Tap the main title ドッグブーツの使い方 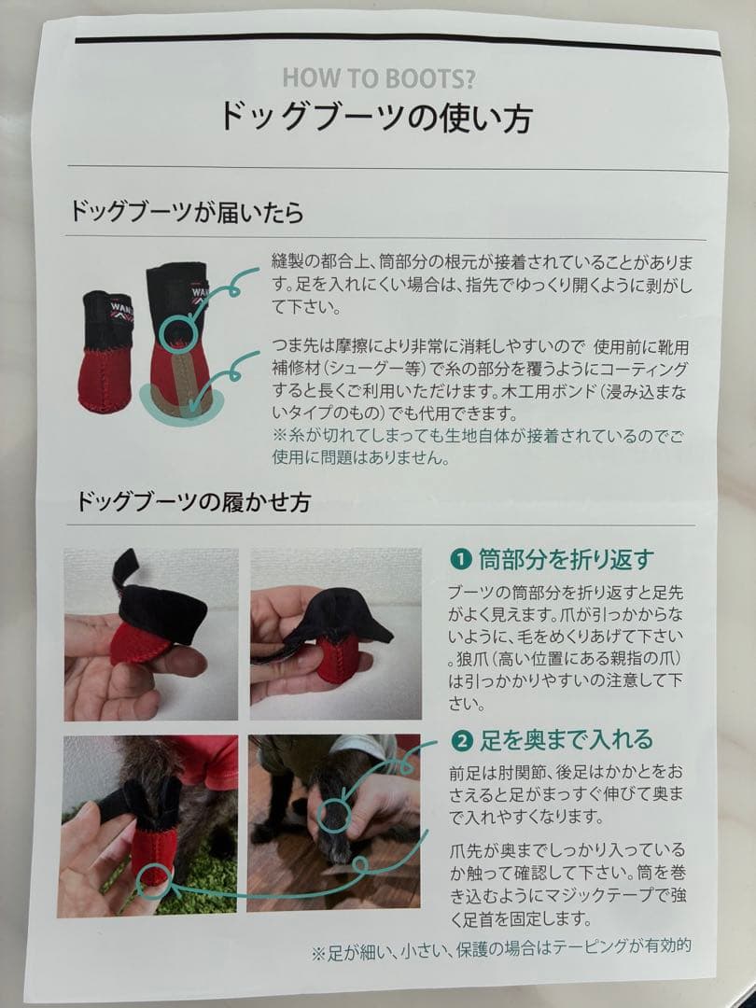click(x=376, y=119)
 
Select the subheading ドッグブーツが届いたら click(x=188, y=211)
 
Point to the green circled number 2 click(x=460, y=742)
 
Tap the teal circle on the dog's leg click(x=336, y=813)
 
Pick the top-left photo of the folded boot click(x=150, y=635)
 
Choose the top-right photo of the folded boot click(x=335, y=635)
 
